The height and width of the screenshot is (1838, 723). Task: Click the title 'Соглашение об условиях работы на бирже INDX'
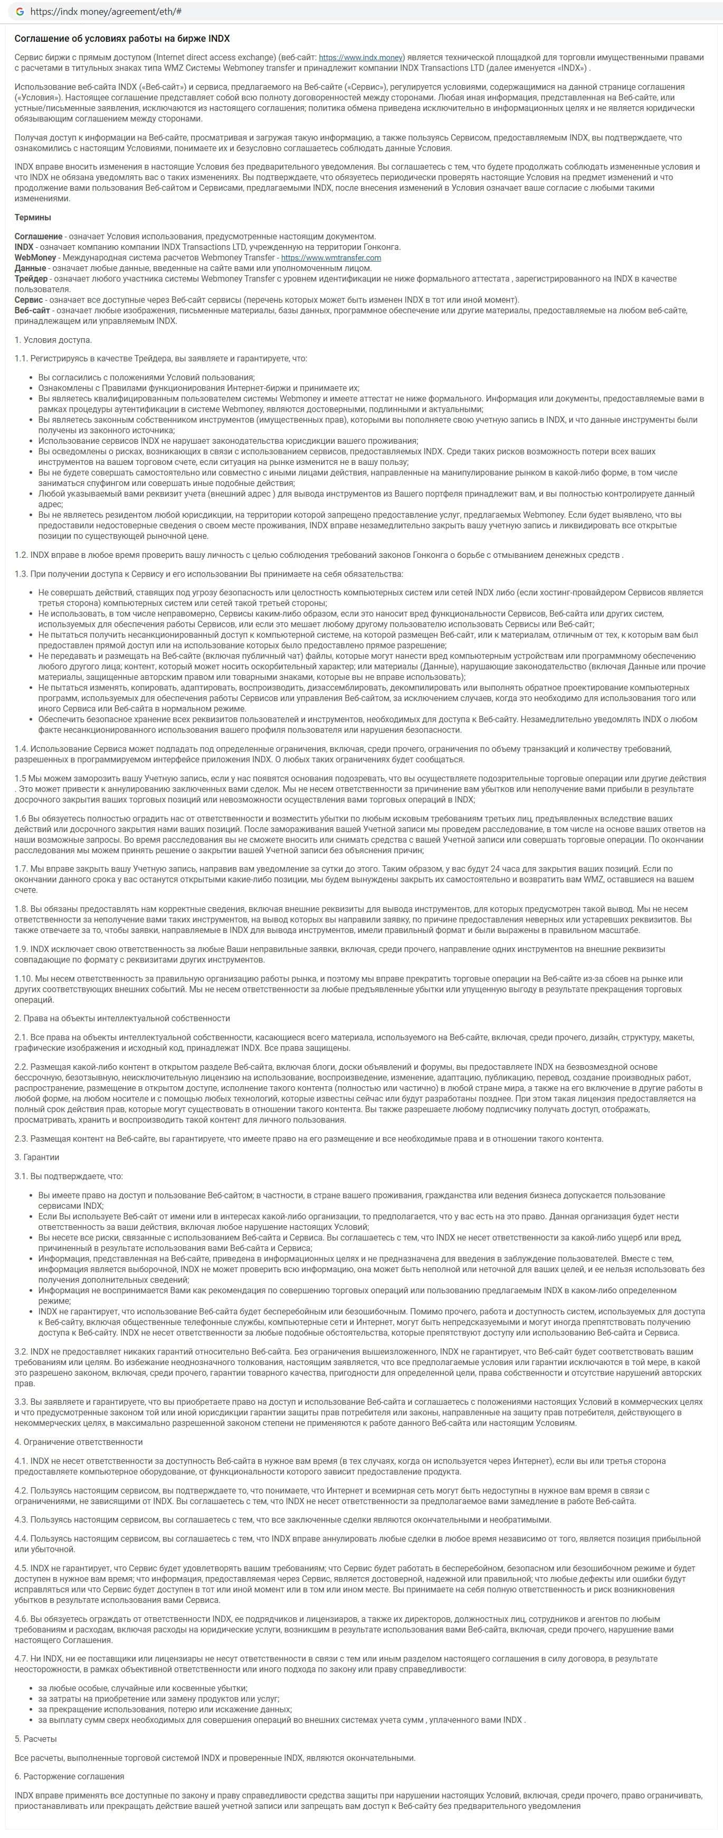(x=122, y=39)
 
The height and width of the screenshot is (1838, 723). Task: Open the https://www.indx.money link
(x=361, y=57)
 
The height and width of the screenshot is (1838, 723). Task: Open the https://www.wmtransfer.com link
(x=331, y=258)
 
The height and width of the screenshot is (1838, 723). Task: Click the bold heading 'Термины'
(x=33, y=217)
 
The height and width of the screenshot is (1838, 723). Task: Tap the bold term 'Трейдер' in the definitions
(x=31, y=278)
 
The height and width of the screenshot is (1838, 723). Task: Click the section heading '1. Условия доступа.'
(x=53, y=340)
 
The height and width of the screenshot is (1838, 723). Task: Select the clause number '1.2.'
(x=22, y=554)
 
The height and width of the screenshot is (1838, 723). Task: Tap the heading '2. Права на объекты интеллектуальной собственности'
(x=122, y=1018)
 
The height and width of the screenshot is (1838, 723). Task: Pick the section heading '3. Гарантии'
(x=37, y=1156)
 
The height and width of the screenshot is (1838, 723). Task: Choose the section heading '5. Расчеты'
(x=36, y=1738)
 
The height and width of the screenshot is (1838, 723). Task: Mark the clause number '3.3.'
(x=22, y=1401)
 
